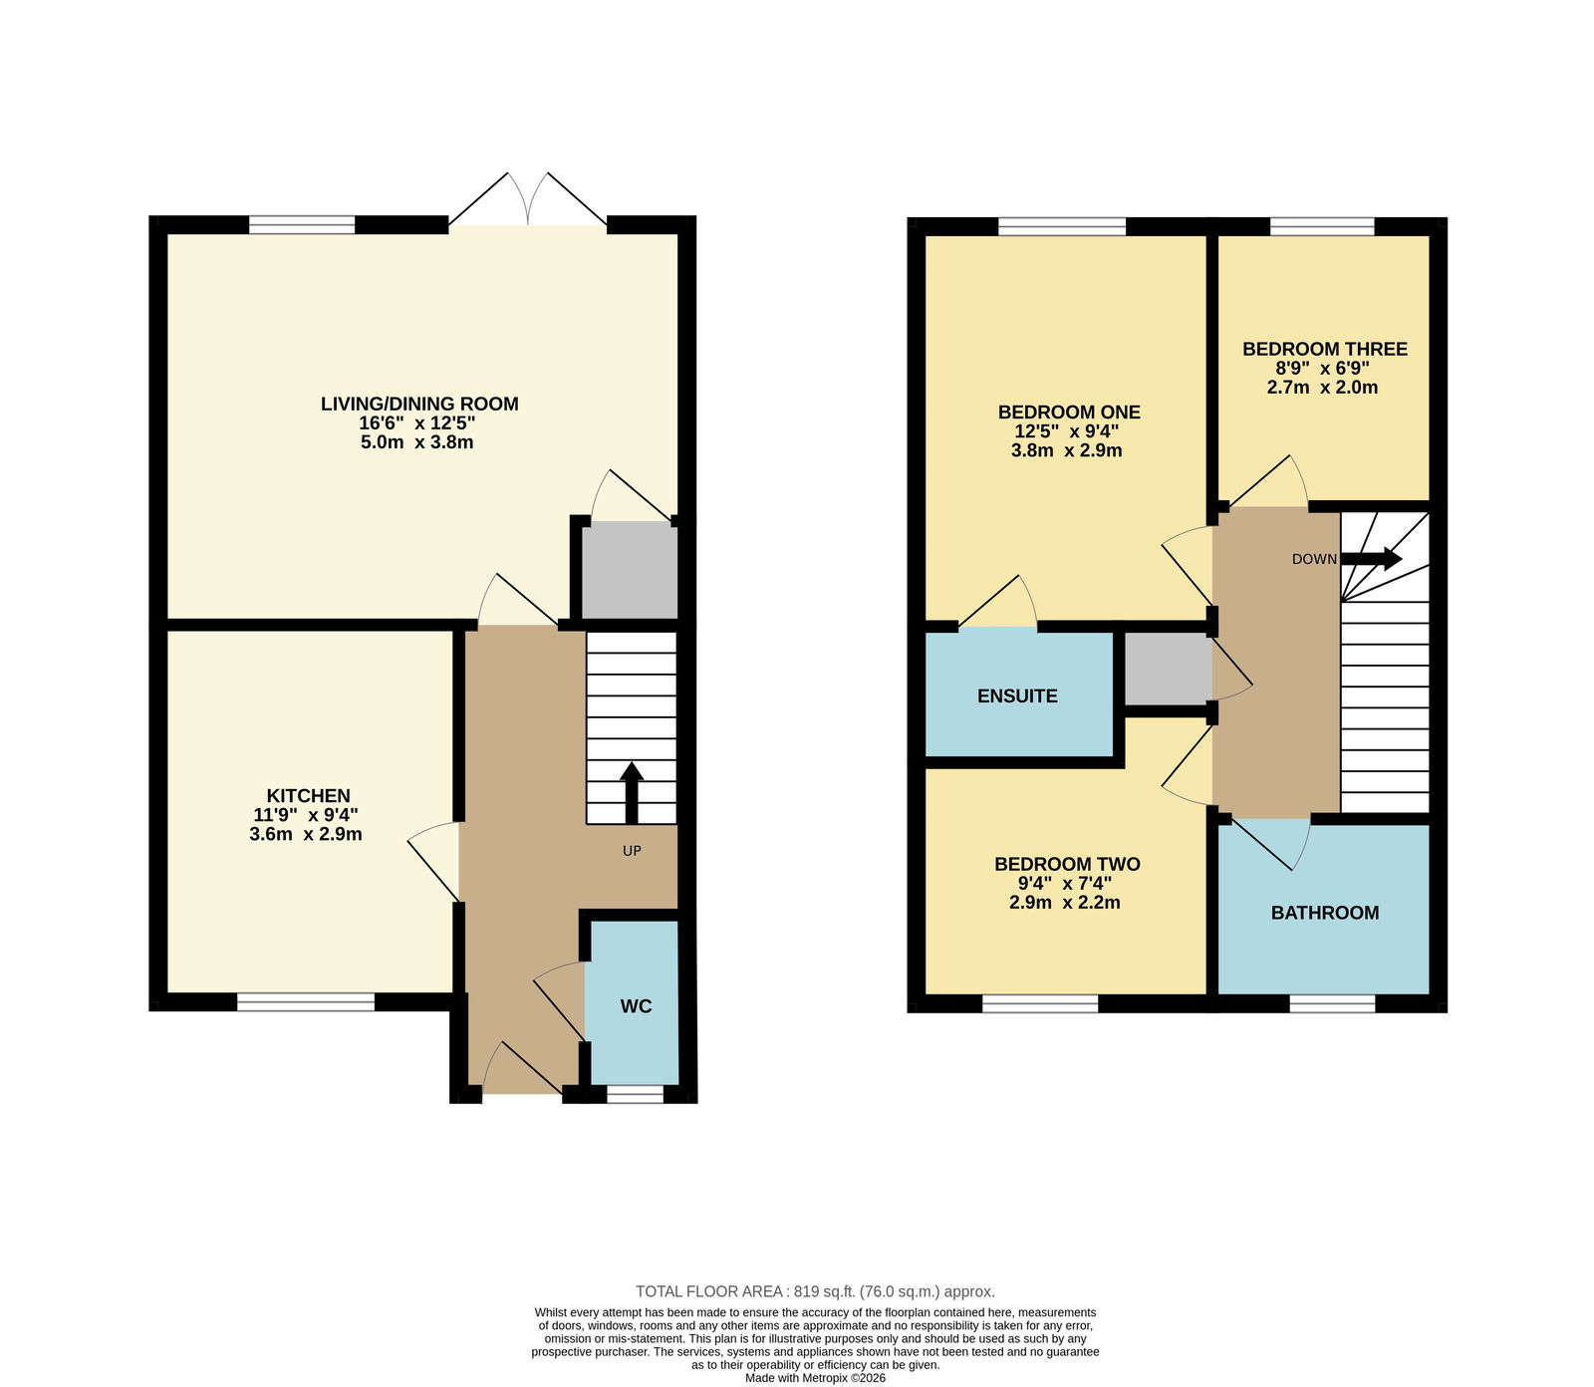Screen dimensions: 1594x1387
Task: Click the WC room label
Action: tap(636, 1006)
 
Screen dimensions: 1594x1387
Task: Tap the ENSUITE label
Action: tap(1017, 696)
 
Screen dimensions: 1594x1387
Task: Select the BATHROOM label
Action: tap(1325, 913)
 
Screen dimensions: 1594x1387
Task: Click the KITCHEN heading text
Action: tap(308, 795)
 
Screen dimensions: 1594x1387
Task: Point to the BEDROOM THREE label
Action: tap(1325, 349)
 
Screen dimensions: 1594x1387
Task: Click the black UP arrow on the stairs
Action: tap(632, 793)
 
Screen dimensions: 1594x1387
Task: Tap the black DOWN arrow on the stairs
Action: tap(1372, 559)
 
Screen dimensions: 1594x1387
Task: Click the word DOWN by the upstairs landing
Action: tap(1314, 559)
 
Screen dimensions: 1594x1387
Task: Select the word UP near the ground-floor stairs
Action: tap(632, 851)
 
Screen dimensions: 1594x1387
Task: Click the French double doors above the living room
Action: tap(528, 199)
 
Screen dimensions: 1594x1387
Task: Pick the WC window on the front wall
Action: tap(636, 1094)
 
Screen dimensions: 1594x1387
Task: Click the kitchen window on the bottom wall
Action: tap(306, 1002)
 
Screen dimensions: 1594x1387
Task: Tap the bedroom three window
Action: tap(1322, 226)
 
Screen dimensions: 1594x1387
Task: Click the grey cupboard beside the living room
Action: tap(630, 572)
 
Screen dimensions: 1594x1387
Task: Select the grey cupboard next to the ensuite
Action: tap(1168, 669)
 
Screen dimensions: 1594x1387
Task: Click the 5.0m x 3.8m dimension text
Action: tap(416, 441)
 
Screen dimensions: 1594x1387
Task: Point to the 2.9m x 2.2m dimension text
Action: tap(1065, 903)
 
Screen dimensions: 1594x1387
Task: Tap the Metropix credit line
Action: tap(815, 1379)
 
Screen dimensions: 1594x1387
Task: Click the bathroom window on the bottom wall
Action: tap(1332, 1003)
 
